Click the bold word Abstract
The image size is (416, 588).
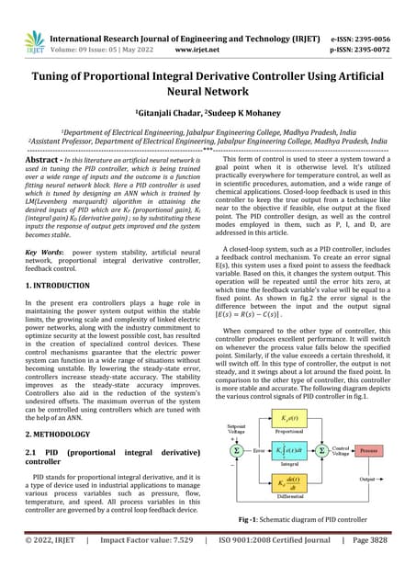(42, 159)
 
